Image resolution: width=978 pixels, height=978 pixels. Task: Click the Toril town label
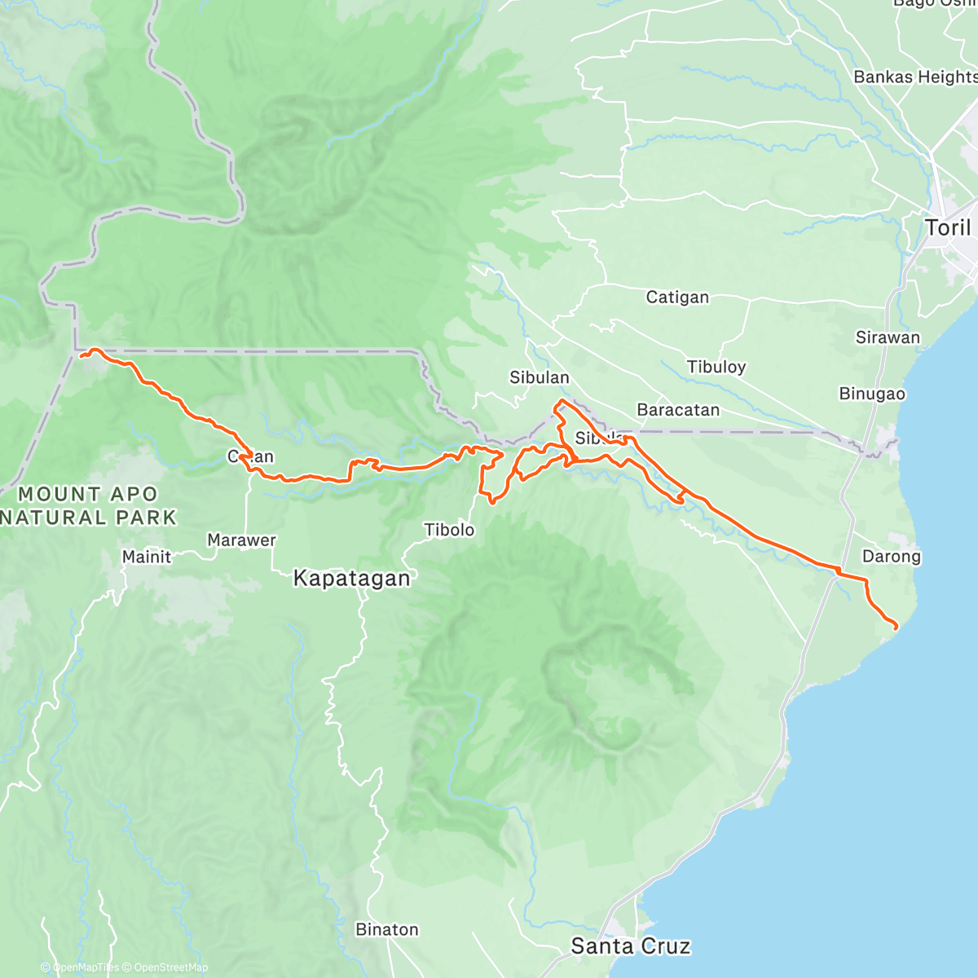[949, 227]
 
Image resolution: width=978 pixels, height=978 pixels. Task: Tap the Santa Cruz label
[630, 946]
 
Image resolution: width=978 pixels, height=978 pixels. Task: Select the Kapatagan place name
[351, 579]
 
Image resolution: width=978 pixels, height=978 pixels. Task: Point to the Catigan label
[677, 297]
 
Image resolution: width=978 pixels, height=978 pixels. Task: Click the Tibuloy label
[716, 367]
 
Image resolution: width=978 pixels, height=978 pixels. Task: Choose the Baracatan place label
[678, 410]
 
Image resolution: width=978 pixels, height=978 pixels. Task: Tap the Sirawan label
[888, 337]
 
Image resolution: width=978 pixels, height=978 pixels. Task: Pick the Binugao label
[872, 394]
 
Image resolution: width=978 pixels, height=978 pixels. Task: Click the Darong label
[891, 557]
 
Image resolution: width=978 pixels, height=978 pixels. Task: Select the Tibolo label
[449, 531]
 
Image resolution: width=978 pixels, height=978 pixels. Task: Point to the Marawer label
[241, 540]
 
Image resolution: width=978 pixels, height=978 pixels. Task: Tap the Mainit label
[147, 557]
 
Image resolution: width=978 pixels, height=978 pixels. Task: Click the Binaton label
[387, 930]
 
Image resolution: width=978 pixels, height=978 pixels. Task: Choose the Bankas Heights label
[914, 77]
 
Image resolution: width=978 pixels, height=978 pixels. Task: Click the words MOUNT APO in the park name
[88, 495]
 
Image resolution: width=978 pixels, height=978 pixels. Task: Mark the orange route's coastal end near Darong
[896, 627]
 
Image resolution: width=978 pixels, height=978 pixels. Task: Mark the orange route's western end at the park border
[81, 355]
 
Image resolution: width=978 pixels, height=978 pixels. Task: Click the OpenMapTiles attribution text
[84, 968]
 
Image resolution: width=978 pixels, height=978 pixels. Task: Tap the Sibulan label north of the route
[539, 377]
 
